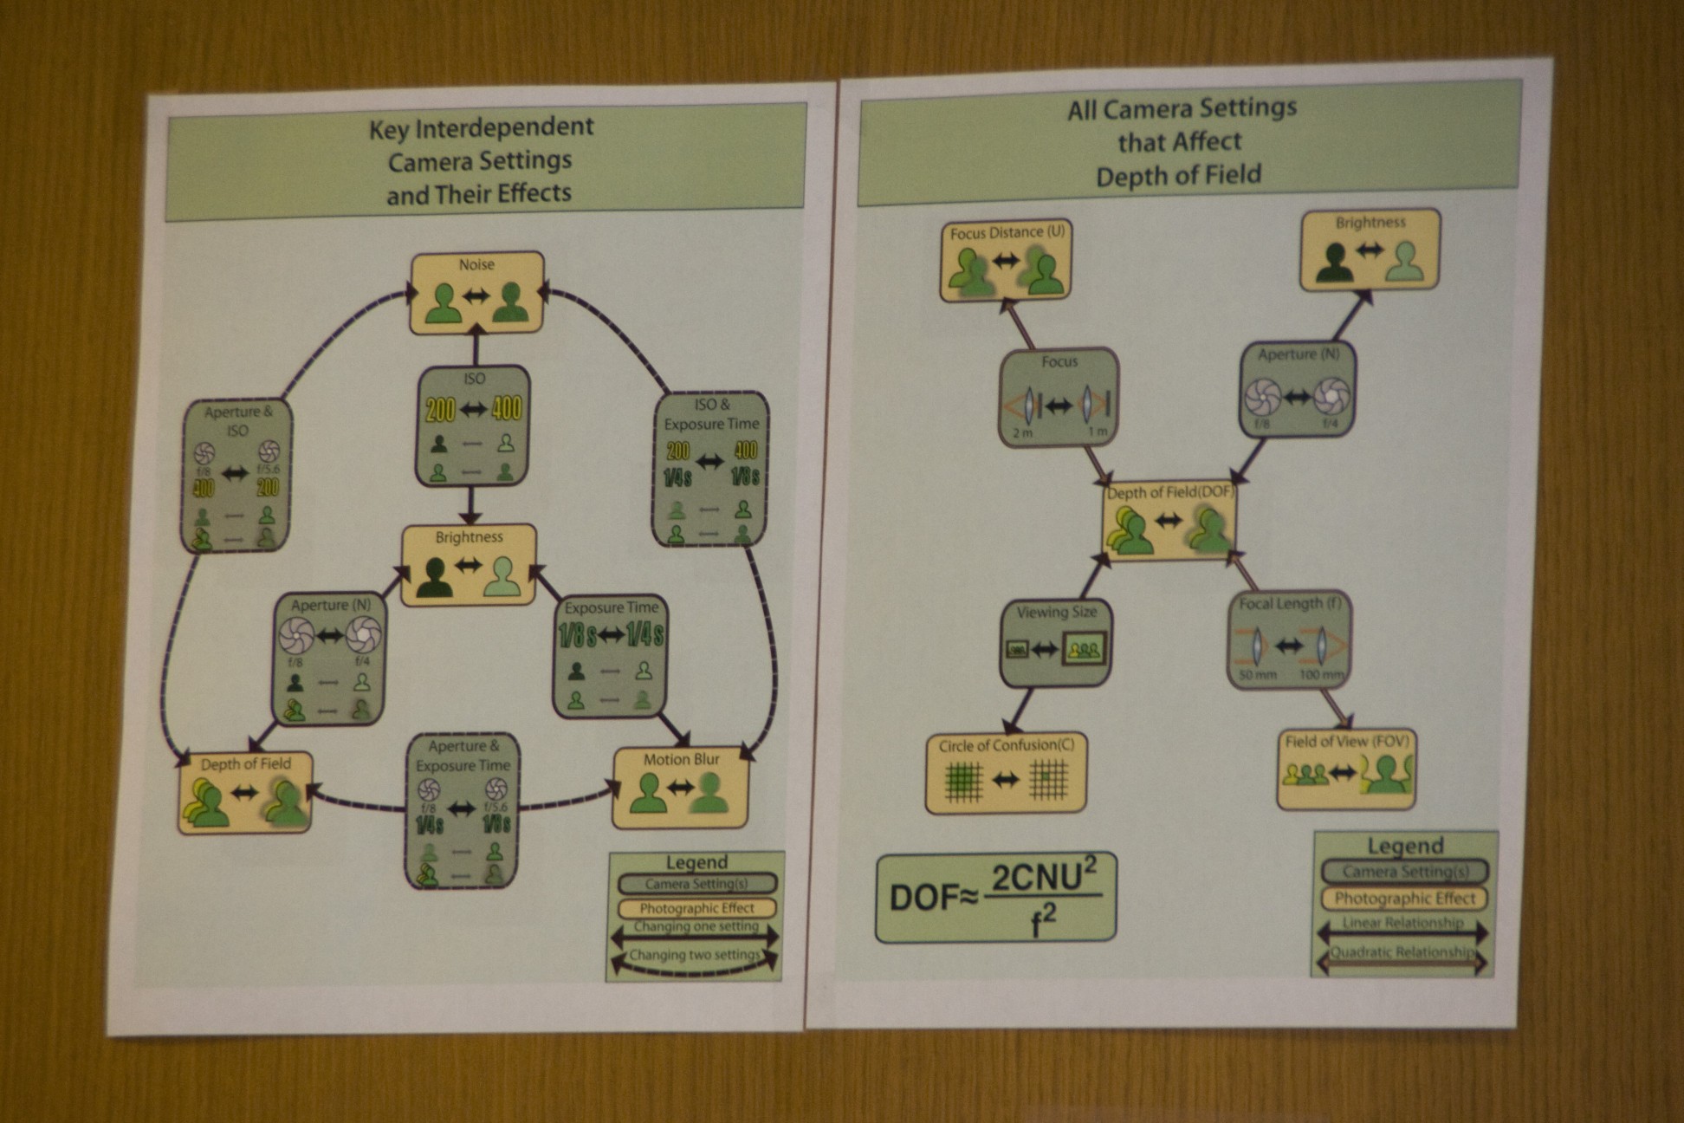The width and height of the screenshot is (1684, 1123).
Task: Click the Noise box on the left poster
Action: pos(476,293)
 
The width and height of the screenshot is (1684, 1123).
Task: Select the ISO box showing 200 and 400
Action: pos(473,425)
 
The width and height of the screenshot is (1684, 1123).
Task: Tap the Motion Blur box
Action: pos(680,788)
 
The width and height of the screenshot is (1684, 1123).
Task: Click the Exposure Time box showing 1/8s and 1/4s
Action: pos(611,656)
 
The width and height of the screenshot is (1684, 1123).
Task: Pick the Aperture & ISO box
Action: pos(236,476)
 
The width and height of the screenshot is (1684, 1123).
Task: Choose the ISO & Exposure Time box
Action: pos(710,469)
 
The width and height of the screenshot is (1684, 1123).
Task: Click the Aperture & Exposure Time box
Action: pos(463,810)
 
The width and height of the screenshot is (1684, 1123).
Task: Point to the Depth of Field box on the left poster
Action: pos(245,792)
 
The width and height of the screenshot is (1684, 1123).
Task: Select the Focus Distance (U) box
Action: pos(1006,260)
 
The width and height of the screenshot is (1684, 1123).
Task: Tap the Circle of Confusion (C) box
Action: pos(1006,773)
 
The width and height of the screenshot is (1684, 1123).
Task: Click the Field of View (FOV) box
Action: pos(1346,769)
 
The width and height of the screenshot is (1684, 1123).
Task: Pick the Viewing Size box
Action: pos(1056,642)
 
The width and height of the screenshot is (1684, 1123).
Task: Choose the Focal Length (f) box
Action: pos(1289,639)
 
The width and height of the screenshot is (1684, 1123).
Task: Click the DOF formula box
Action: pos(996,898)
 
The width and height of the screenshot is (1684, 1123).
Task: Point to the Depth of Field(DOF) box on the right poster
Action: pos(1169,521)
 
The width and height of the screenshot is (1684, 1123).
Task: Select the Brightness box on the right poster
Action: pos(1370,250)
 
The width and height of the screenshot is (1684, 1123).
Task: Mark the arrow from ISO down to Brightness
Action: pos(470,504)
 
